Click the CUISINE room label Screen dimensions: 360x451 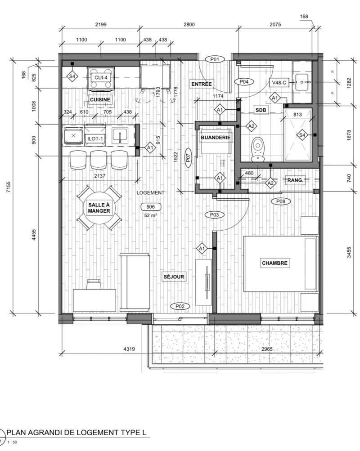pyautogui.click(x=100, y=99)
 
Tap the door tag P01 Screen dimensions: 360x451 pyautogui.click(x=215, y=59)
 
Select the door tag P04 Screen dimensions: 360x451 pyautogui.click(x=244, y=82)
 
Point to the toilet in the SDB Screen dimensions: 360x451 pyautogui.click(x=257, y=149)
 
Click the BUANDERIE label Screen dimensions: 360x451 pyautogui.click(x=216, y=138)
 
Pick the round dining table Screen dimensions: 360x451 pyautogui.click(x=99, y=208)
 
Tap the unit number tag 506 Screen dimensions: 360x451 pyautogui.click(x=150, y=206)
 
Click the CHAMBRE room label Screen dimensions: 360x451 pyautogui.click(x=274, y=263)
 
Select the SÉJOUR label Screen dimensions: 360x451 pyautogui.click(x=174, y=277)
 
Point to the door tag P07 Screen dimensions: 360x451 pyautogui.click(x=188, y=157)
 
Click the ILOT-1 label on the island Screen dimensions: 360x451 pyautogui.click(x=95, y=139)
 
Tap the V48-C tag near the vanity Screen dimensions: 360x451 pyautogui.click(x=279, y=83)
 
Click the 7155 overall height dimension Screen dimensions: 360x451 pyautogui.click(x=9, y=187)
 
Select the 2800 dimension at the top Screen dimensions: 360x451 pyautogui.click(x=189, y=24)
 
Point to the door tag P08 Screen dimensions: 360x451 pyautogui.click(x=281, y=201)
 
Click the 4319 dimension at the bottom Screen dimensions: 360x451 pyautogui.click(x=129, y=349)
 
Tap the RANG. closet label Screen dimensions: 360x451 pyautogui.click(x=296, y=180)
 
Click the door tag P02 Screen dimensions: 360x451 pyautogui.click(x=180, y=306)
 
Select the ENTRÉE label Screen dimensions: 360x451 pyautogui.click(x=202, y=84)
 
